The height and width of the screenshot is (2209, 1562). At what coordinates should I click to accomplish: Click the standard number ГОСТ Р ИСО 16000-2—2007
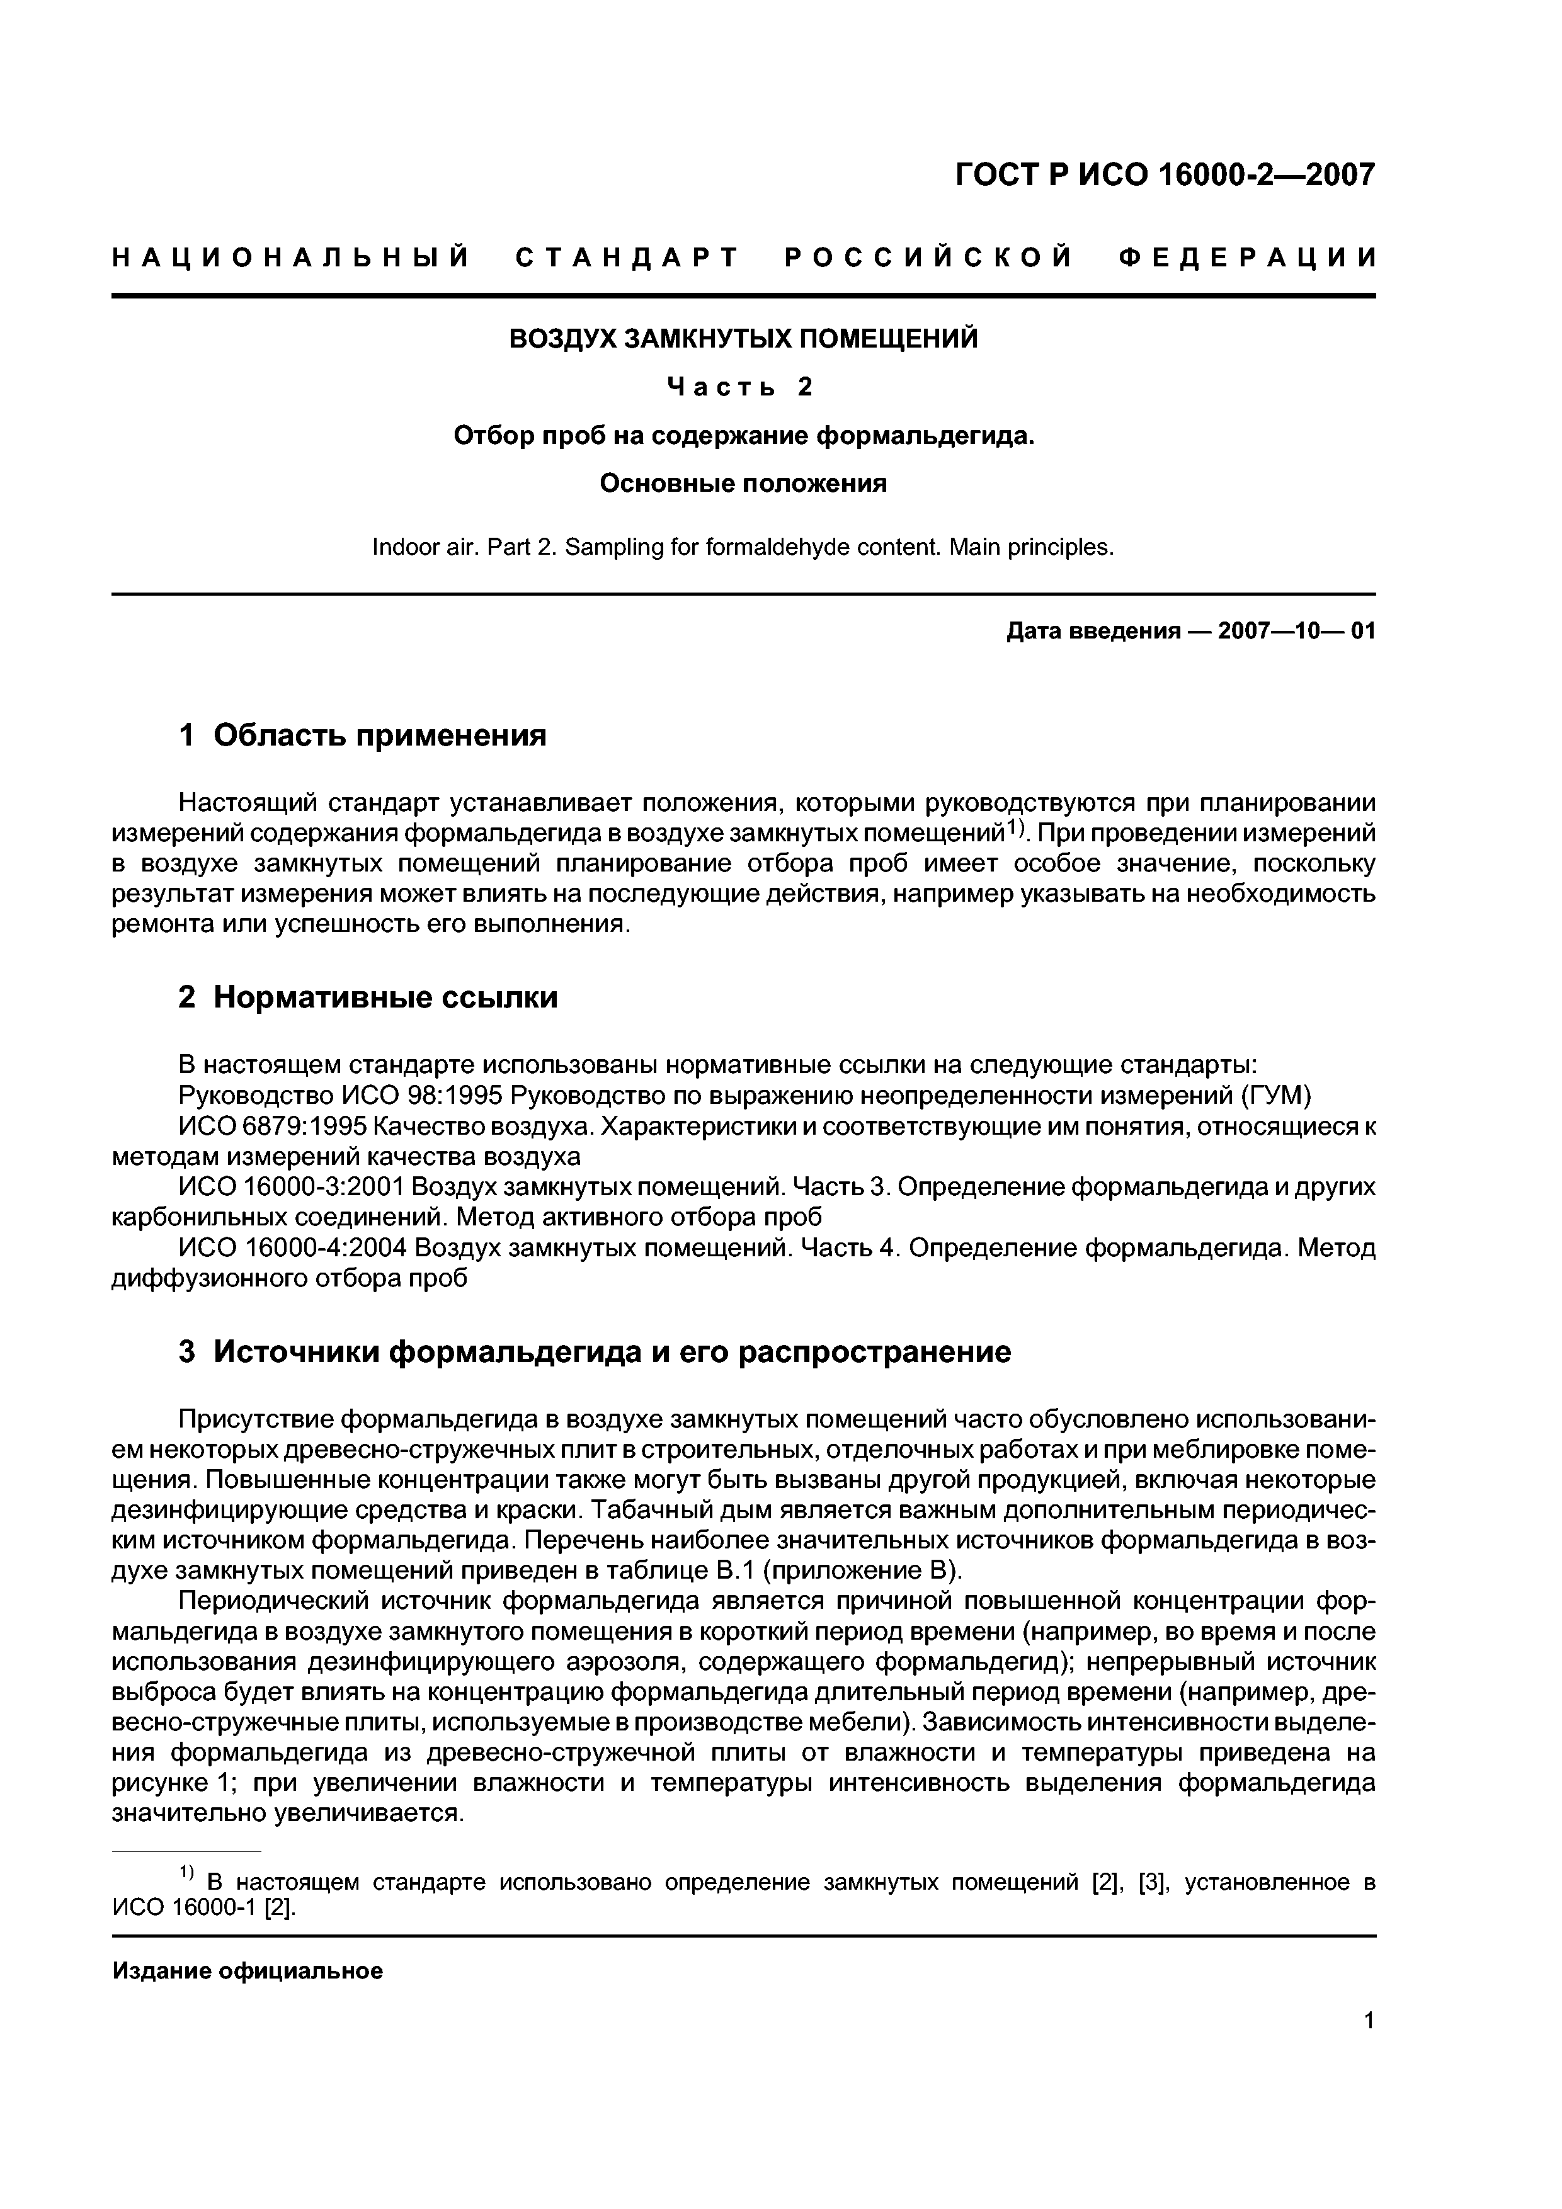[1165, 175]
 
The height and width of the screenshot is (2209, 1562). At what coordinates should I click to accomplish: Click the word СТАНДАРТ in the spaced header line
[627, 258]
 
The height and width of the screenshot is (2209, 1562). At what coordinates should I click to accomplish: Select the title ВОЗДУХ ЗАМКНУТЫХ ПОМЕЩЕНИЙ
[743, 339]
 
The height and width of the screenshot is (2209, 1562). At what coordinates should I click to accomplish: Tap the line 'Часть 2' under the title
[741, 387]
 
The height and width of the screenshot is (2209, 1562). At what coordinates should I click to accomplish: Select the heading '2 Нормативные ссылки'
[368, 997]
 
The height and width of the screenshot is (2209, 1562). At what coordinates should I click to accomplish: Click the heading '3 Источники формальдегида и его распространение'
[595, 1352]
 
